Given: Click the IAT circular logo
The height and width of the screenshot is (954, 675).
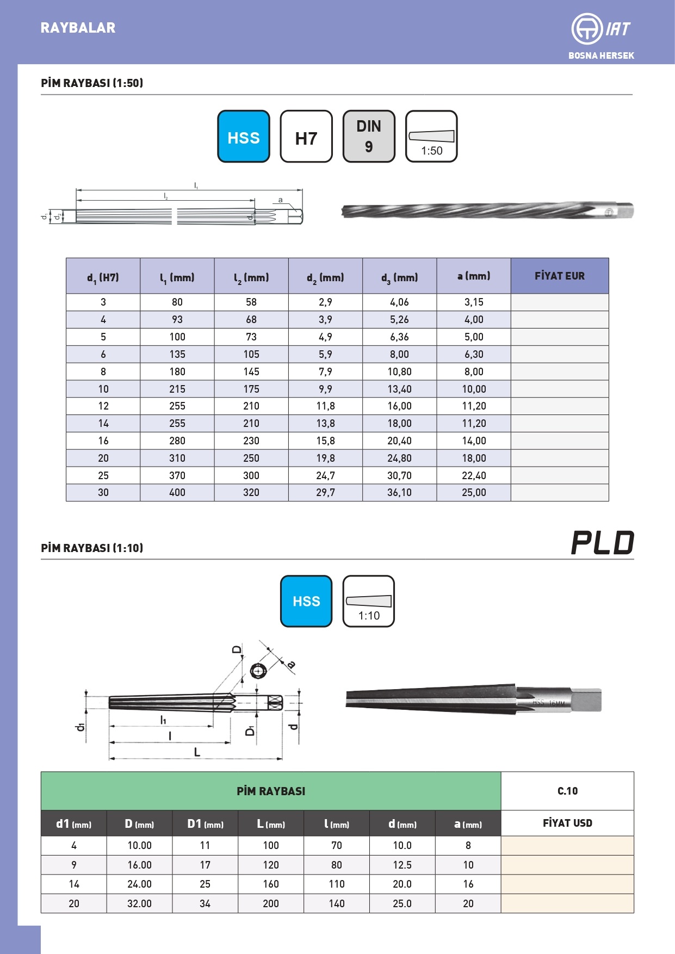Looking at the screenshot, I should point(586,29).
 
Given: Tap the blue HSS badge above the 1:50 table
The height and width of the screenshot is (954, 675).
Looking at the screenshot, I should point(244,137).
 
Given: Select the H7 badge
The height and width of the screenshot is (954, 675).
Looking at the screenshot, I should point(306,137).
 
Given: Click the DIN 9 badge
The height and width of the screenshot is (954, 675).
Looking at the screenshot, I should point(369,137).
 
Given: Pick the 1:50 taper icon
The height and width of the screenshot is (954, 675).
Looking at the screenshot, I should point(431,137).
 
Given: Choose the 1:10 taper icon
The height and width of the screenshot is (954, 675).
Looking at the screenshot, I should point(369,601).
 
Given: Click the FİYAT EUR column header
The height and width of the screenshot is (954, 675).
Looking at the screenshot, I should point(559,276).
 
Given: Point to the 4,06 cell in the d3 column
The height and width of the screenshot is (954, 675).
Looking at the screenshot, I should point(399,302).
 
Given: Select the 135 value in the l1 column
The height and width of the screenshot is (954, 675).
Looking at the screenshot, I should point(177,354).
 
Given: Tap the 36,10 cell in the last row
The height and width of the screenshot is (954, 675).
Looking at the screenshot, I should point(399,493).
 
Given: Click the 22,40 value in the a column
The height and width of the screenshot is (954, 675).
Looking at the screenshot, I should point(474,475).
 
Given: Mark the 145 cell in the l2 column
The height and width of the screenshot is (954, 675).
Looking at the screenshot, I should point(251,371).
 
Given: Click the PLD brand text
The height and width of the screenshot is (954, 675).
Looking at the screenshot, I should point(603,543).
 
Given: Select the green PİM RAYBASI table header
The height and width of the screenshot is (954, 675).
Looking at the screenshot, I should point(271,791).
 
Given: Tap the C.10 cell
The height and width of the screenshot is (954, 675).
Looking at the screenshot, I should point(567,791).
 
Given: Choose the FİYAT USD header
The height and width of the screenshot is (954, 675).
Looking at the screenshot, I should point(567,823).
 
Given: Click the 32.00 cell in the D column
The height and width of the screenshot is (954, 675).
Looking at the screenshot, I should point(139,903).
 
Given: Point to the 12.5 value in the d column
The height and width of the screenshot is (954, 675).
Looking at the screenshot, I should point(402,865).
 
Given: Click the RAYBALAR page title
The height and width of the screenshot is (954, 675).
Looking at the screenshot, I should point(78,28).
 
